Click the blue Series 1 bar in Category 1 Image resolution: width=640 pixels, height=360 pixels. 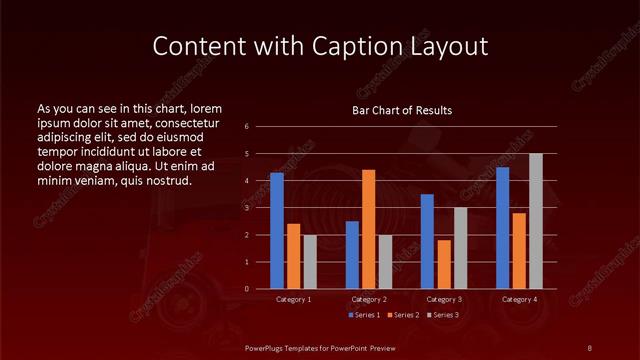[x=277, y=231]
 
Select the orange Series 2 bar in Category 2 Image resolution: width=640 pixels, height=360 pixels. [x=369, y=229]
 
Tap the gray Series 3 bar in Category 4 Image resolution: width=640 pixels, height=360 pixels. [x=535, y=221]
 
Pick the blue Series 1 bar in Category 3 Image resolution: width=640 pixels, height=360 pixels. [x=427, y=241]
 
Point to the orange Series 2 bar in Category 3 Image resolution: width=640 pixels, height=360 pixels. [x=444, y=264]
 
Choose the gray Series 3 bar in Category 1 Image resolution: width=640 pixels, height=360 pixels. [x=310, y=262]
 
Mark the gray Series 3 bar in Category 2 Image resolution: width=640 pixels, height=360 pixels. [x=386, y=262]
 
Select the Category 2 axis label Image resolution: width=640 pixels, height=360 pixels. [x=368, y=299]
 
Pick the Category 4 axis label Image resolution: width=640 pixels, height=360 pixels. [x=518, y=299]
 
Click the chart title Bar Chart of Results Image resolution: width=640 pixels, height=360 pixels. [x=402, y=110]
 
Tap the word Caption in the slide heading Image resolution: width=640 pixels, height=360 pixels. [x=371, y=47]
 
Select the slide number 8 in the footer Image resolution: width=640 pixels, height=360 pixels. [x=589, y=347]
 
